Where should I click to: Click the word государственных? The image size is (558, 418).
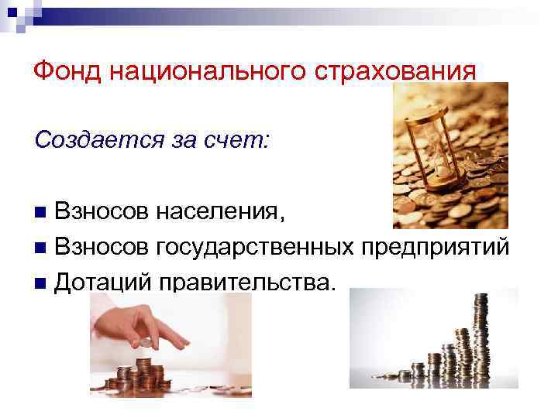[255, 247]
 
